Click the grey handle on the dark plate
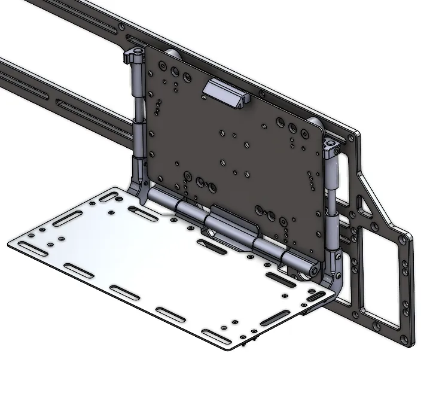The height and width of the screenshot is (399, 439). [224, 93]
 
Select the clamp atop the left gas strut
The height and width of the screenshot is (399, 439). [133, 57]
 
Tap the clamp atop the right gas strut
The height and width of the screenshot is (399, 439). [332, 145]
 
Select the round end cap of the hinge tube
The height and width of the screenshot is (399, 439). [313, 271]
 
